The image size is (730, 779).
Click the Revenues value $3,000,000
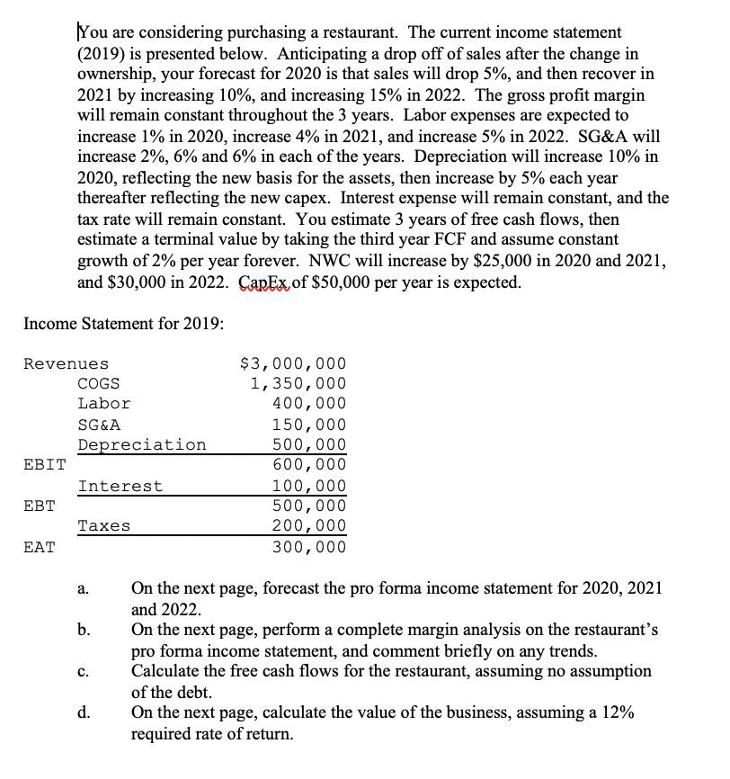coord(293,364)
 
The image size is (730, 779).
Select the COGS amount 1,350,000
coord(298,384)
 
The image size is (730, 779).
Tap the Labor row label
coord(103,404)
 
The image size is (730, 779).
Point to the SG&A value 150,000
coord(308,425)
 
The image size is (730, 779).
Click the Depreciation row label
coord(141,445)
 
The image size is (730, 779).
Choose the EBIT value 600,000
coord(308,465)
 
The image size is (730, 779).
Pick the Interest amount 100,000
coord(308,487)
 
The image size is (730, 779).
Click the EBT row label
coord(39,506)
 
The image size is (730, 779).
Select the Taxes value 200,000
coord(308,526)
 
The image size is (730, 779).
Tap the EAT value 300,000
coord(308,547)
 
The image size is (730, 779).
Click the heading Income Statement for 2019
coord(123,323)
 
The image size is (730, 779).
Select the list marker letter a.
coord(82,590)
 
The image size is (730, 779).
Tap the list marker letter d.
coord(82,714)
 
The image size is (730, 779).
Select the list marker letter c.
coord(82,673)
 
